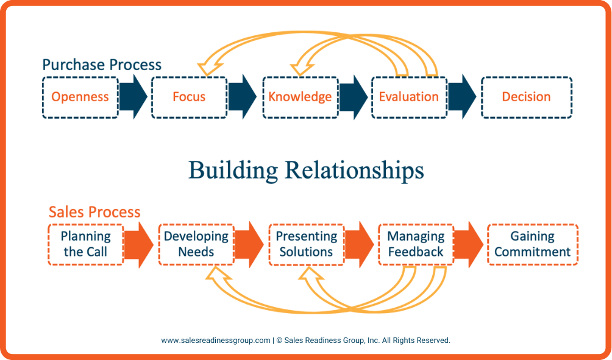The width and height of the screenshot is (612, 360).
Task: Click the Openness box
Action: coord(80,97)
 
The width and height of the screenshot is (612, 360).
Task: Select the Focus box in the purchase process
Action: coord(189,97)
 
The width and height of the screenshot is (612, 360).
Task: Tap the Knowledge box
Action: coord(300,97)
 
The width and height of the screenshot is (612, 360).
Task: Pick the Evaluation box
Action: coord(408,97)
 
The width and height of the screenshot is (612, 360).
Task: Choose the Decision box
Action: coord(526,97)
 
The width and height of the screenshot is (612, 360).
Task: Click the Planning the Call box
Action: coord(86,244)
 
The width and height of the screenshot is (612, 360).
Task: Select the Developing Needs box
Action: coord(196,244)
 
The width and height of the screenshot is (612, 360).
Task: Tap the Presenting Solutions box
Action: coord(306,244)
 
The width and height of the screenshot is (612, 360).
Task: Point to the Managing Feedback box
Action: coord(416,244)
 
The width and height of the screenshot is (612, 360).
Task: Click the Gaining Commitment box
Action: coord(532,244)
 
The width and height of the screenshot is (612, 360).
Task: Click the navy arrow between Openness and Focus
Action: coord(133,97)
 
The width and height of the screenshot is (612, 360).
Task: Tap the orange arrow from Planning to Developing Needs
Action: coord(140,244)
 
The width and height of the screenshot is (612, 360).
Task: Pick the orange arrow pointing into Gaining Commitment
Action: coord(469,244)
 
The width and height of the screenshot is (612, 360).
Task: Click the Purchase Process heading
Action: coord(102,65)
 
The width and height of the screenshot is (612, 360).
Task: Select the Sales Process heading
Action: coord(94,212)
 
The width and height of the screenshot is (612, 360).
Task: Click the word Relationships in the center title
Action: coord(354,170)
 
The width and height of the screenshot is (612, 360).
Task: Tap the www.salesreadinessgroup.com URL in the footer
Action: coord(215,341)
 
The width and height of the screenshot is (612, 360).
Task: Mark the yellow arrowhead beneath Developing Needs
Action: coord(216,275)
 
